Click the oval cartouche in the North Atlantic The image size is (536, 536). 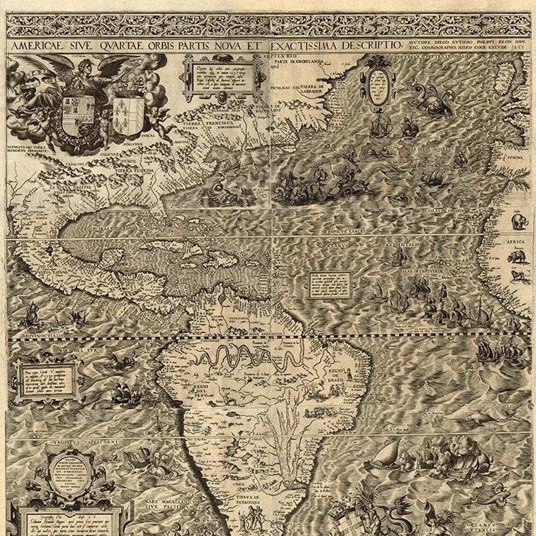[378, 85]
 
